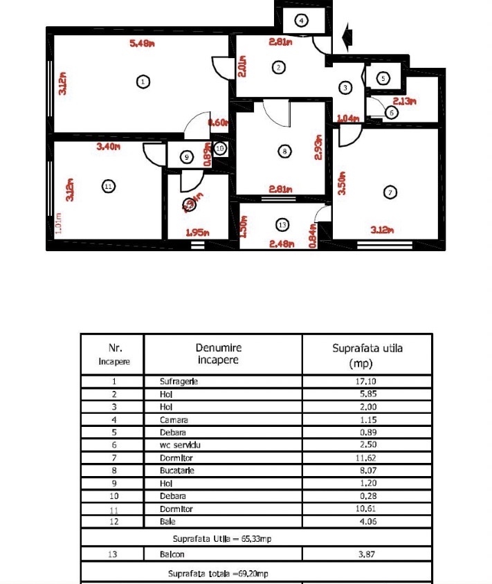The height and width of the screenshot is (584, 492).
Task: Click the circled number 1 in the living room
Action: pos(143,82)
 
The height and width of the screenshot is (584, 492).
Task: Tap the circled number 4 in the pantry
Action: pos(302,20)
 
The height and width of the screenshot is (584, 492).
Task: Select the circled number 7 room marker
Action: pos(391,193)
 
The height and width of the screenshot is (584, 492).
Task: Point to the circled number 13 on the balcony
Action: pos(281,225)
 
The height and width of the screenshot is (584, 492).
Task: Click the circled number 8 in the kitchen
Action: pos(282,151)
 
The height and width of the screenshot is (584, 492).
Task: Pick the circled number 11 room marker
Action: pos(107,186)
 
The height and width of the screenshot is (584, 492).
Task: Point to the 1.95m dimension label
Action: pos(198,232)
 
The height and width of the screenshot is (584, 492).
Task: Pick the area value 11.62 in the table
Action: pos(367,458)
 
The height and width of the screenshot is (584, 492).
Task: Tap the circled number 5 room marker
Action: pos(383,79)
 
